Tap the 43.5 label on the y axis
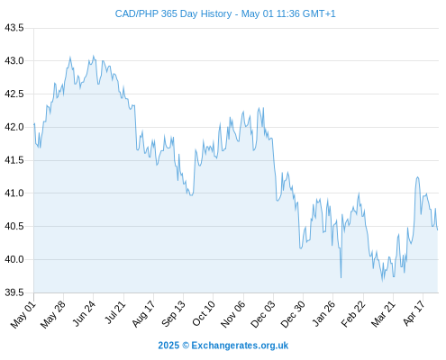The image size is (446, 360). pos(14,28)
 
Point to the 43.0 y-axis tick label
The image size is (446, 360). pos(14,61)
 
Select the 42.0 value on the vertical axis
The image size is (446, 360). pos(14,127)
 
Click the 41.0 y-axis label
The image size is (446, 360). pos(14,193)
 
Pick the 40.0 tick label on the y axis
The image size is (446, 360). pos(14,259)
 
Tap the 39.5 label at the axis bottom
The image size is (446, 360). pos(14,292)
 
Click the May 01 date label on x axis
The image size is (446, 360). pos(23,315)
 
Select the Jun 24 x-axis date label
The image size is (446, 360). pos(84,313)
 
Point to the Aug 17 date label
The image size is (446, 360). pos(143,313)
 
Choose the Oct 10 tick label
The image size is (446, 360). pos(204,313)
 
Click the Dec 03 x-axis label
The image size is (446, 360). pos(262,314)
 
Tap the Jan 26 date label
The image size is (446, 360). pos(323,313)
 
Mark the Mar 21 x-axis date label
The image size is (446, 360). pos(383,314)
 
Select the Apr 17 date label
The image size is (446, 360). pos(414,313)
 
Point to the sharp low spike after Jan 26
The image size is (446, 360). pos(341,277)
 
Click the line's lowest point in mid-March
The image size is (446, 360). pos(382,281)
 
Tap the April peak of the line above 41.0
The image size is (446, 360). pos(417,177)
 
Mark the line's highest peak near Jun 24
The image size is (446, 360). pos(93,56)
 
